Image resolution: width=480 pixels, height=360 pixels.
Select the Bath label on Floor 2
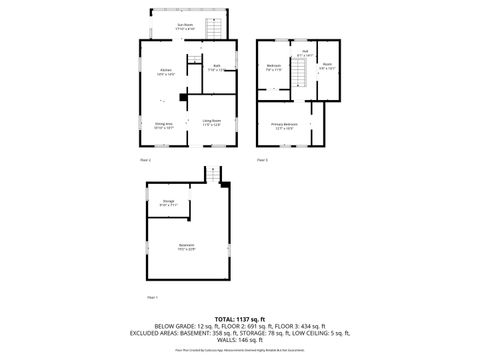tap(215, 69)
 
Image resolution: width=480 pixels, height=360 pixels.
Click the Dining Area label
tap(164, 126)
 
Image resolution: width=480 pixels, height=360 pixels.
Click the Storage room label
tap(168, 203)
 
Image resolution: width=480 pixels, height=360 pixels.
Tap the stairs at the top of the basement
tap(212, 176)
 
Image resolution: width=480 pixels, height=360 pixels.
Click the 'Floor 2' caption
tap(144, 159)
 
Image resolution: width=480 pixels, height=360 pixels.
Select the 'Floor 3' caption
tap(262, 159)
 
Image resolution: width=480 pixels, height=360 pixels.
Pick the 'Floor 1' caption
tap(152, 297)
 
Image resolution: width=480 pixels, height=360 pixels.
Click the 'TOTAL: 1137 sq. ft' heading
tap(240, 319)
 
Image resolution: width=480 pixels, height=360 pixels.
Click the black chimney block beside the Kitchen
tap(180, 97)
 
